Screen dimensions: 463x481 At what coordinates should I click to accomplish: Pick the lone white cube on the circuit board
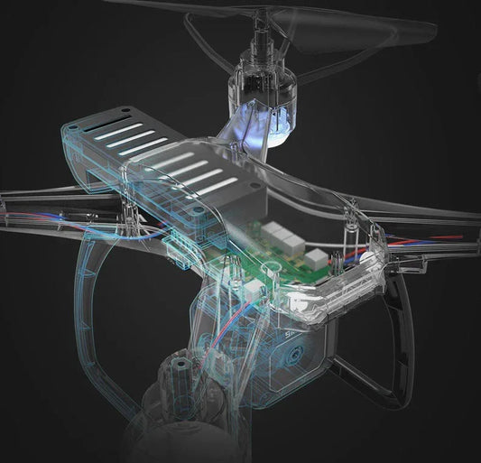(x=316, y=260)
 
